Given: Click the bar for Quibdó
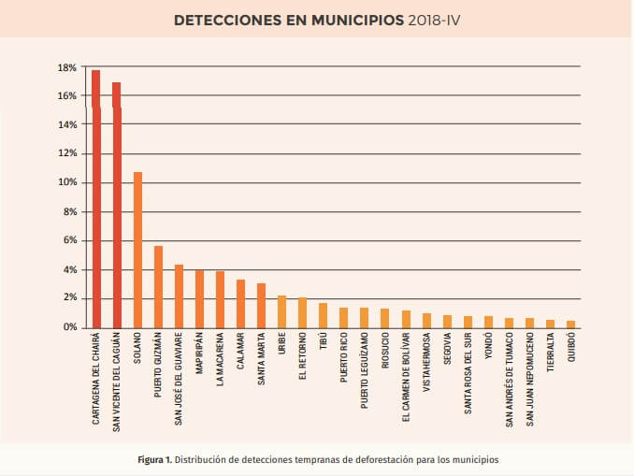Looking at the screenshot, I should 570,324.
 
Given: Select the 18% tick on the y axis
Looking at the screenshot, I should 66,67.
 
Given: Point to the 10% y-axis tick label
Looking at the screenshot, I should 66,182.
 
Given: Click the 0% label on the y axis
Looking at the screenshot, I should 69,327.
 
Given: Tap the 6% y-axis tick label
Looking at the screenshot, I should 69,240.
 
